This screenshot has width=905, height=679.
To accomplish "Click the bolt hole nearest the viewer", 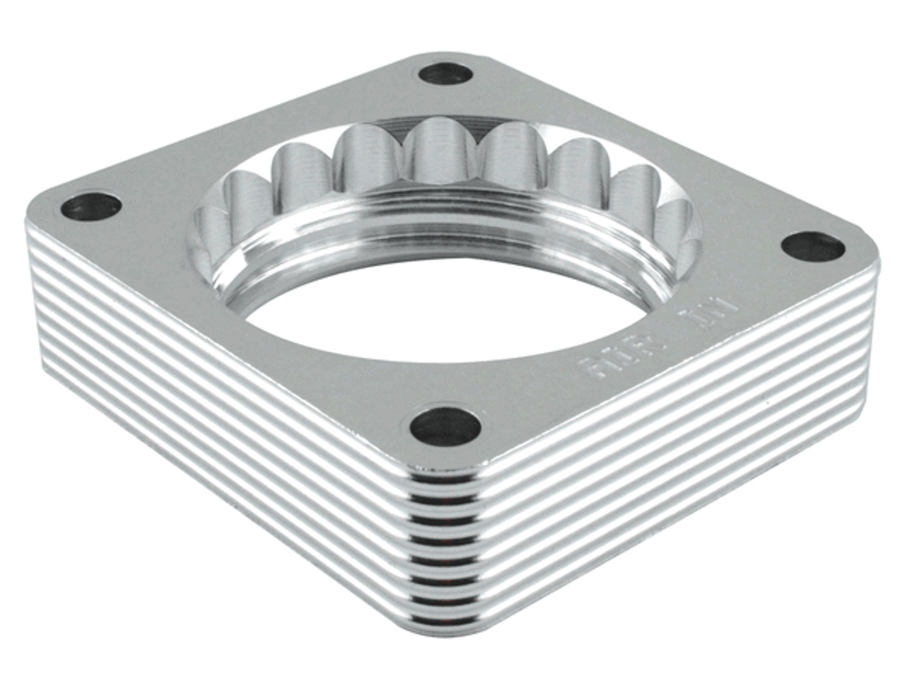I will coord(445,427).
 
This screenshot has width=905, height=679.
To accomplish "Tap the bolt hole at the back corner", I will coord(445,74).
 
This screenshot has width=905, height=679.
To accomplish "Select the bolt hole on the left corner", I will coord(90,207).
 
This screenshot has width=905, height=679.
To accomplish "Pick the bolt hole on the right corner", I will coord(813,248).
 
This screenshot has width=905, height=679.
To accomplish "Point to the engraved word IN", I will coord(715,311).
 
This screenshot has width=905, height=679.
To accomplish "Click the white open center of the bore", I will coord(452,311).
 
